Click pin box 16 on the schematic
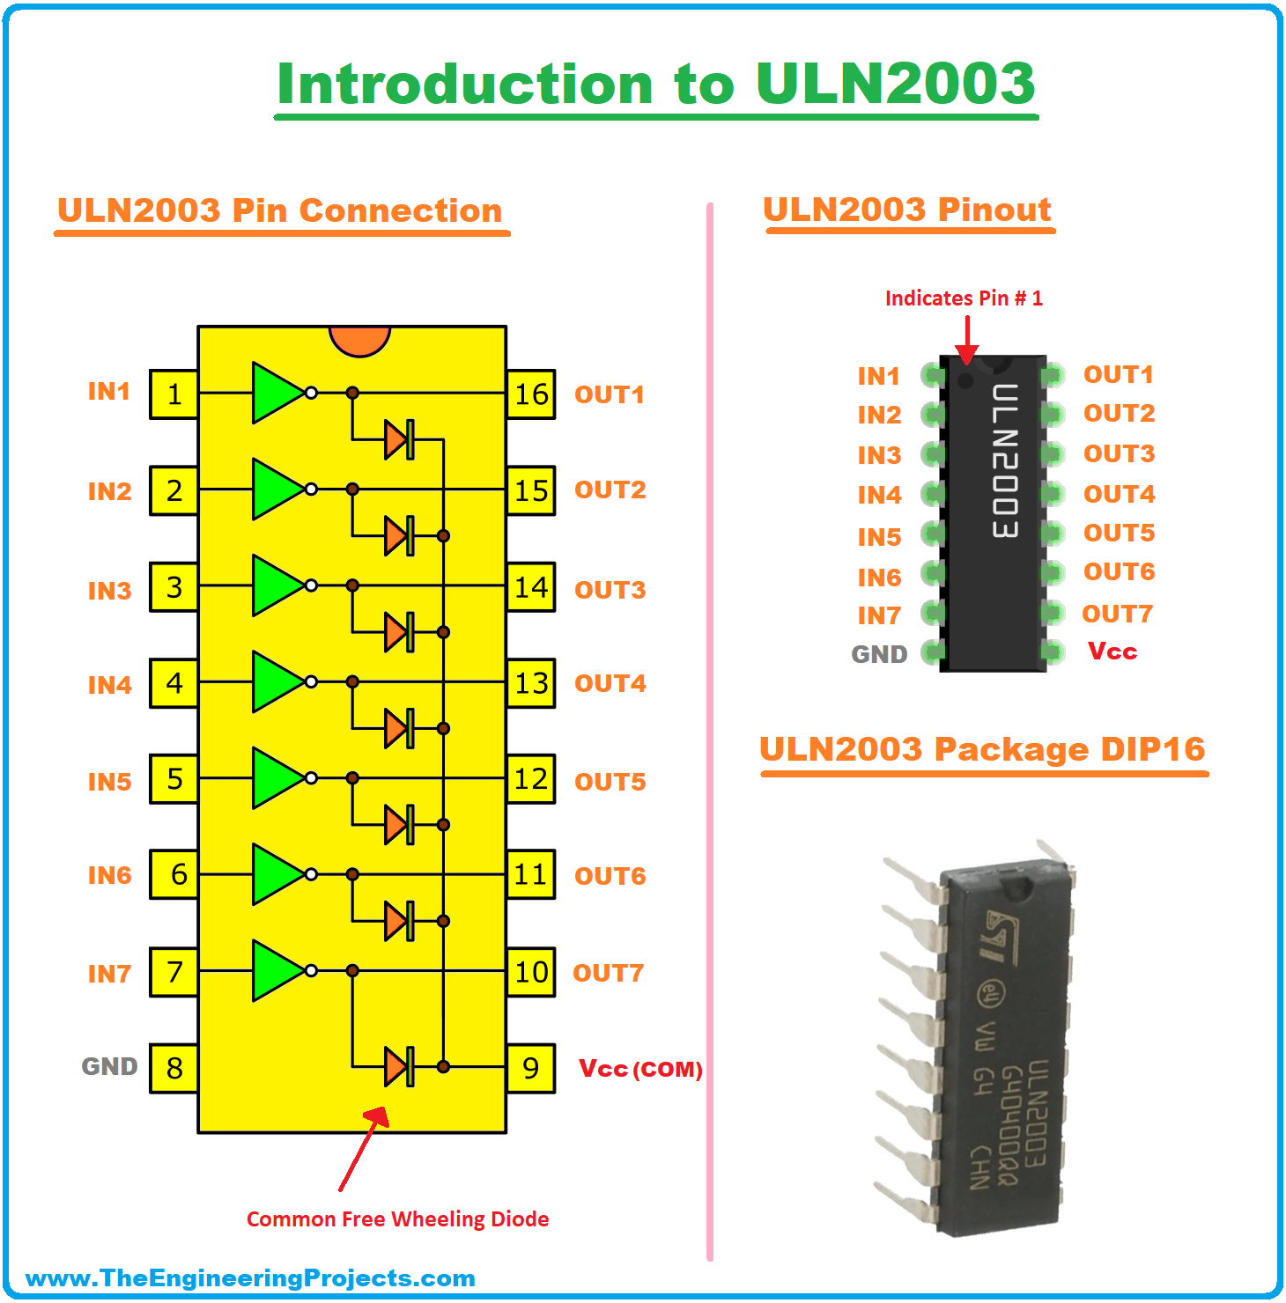pyautogui.click(x=531, y=394)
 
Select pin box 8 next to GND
pyautogui.click(x=174, y=1068)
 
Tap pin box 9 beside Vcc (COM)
pyautogui.click(x=531, y=1068)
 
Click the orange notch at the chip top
pyautogui.click(x=359, y=340)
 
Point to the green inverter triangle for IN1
pyautogui.click(x=277, y=393)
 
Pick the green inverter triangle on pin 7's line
pyautogui.click(x=277, y=970)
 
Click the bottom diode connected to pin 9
pyautogui.click(x=399, y=1067)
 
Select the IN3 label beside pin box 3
pyautogui.click(x=109, y=590)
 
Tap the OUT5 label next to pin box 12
pyautogui.click(x=610, y=782)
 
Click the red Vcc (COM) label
pyautogui.click(x=640, y=1069)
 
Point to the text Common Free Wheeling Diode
pyautogui.click(x=397, y=1219)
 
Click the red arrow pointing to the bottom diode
pyautogui.click(x=363, y=1149)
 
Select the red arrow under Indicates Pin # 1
pyautogui.click(x=967, y=339)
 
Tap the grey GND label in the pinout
pyautogui.click(x=879, y=654)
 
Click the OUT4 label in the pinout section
pyautogui.click(x=1119, y=494)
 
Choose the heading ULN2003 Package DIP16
pyautogui.click(x=982, y=749)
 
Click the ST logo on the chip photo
pyautogui.click(x=1001, y=935)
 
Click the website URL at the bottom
pyautogui.click(x=250, y=1278)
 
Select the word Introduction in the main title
pyautogui.click(x=465, y=85)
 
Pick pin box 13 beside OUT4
pyautogui.click(x=531, y=683)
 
